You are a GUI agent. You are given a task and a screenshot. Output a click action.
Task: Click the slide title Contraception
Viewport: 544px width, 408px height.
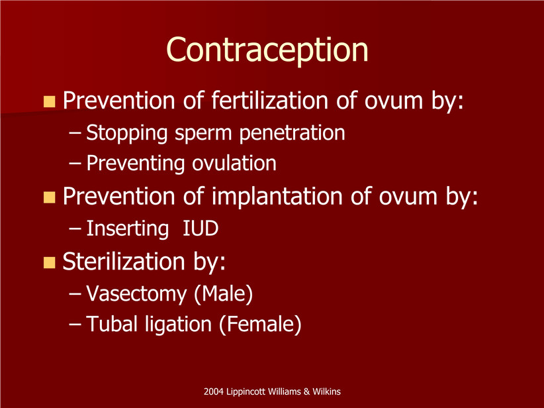pyautogui.click(x=267, y=50)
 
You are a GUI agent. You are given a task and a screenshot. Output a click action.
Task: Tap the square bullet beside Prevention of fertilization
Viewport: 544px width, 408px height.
pyautogui.click(x=50, y=101)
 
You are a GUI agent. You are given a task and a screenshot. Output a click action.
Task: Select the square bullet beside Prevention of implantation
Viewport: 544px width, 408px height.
pyautogui.click(x=50, y=197)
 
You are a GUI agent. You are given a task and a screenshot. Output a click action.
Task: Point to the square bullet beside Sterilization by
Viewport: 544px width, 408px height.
pyautogui.click(x=50, y=262)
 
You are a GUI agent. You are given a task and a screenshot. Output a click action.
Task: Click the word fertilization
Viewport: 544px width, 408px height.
pyautogui.click(x=270, y=101)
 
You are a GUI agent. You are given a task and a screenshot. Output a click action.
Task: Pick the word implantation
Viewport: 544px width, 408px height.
pyautogui.click(x=277, y=197)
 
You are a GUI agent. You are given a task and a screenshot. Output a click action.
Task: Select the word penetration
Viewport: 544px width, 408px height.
pyautogui.click(x=292, y=132)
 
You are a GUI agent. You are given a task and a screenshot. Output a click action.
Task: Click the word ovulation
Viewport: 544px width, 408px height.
pyautogui.click(x=234, y=163)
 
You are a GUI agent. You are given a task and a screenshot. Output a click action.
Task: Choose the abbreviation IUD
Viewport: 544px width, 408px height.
pyautogui.click(x=201, y=229)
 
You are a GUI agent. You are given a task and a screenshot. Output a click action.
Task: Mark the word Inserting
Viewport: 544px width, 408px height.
pyautogui.click(x=127, y=229)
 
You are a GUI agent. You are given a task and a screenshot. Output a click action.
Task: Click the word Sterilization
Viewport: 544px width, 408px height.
pyautogui.click(x=124, y=261)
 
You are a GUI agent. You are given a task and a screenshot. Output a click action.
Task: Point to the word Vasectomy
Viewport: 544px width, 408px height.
pyautogui.click(x=136, y=295)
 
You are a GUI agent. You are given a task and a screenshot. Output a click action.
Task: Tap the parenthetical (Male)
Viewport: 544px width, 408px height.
pyautogui.click(x=224, y=295)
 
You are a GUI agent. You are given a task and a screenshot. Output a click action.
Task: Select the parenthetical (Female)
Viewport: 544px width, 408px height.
pyautogui.click(x=260, y=325)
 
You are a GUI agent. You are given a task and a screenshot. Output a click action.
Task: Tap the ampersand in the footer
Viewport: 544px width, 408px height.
pyautogui.click(x=306, y=391)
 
